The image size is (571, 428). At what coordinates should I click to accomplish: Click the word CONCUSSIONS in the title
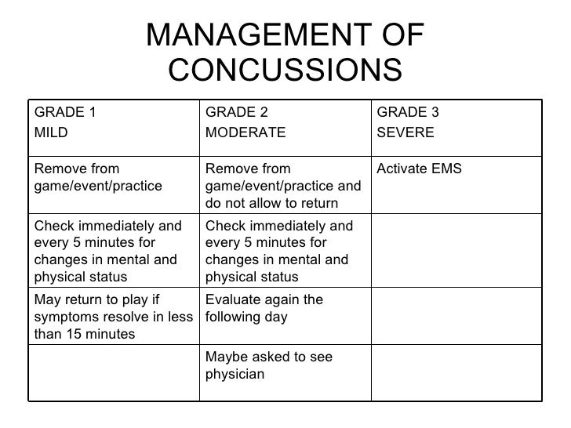[285, 71]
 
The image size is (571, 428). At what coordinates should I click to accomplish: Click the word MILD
[50, 132]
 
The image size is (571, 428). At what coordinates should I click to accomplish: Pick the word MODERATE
[245, 132]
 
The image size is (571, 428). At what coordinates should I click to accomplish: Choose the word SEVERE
[406, 132]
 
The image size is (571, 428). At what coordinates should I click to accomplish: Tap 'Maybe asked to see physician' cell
[268, 365]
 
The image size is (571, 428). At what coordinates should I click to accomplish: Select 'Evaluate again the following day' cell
[263, 308]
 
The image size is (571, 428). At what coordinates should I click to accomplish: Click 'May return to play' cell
[113, 317]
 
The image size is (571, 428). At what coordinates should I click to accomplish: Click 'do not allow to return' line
[271, 204]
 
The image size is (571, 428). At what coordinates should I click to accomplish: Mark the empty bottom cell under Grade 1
[114, 373]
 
